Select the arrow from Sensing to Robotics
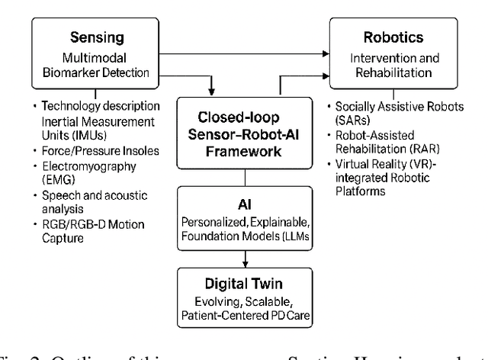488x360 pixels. tap(244, 54)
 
